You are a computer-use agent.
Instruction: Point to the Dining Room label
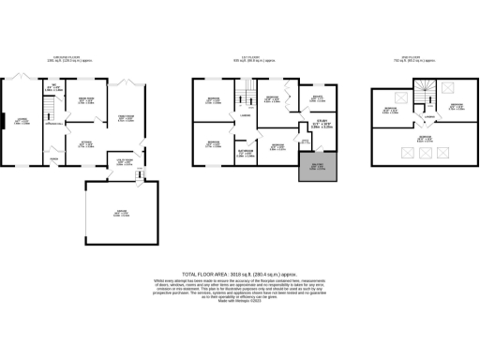(x=84, y=100)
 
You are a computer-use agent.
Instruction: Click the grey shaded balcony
(x=308, y=172)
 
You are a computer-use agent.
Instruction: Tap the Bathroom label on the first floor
(x=247, y=152)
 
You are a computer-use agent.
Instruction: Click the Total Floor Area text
(x=239, y=269)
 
